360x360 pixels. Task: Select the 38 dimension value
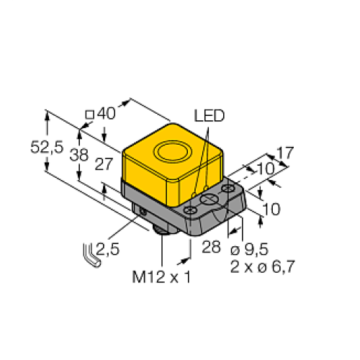(x=85, y=153)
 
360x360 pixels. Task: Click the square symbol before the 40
(x=90, y=114)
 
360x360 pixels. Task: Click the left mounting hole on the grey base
(x=191, y=210)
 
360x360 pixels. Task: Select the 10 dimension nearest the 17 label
(x=264, y=168)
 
